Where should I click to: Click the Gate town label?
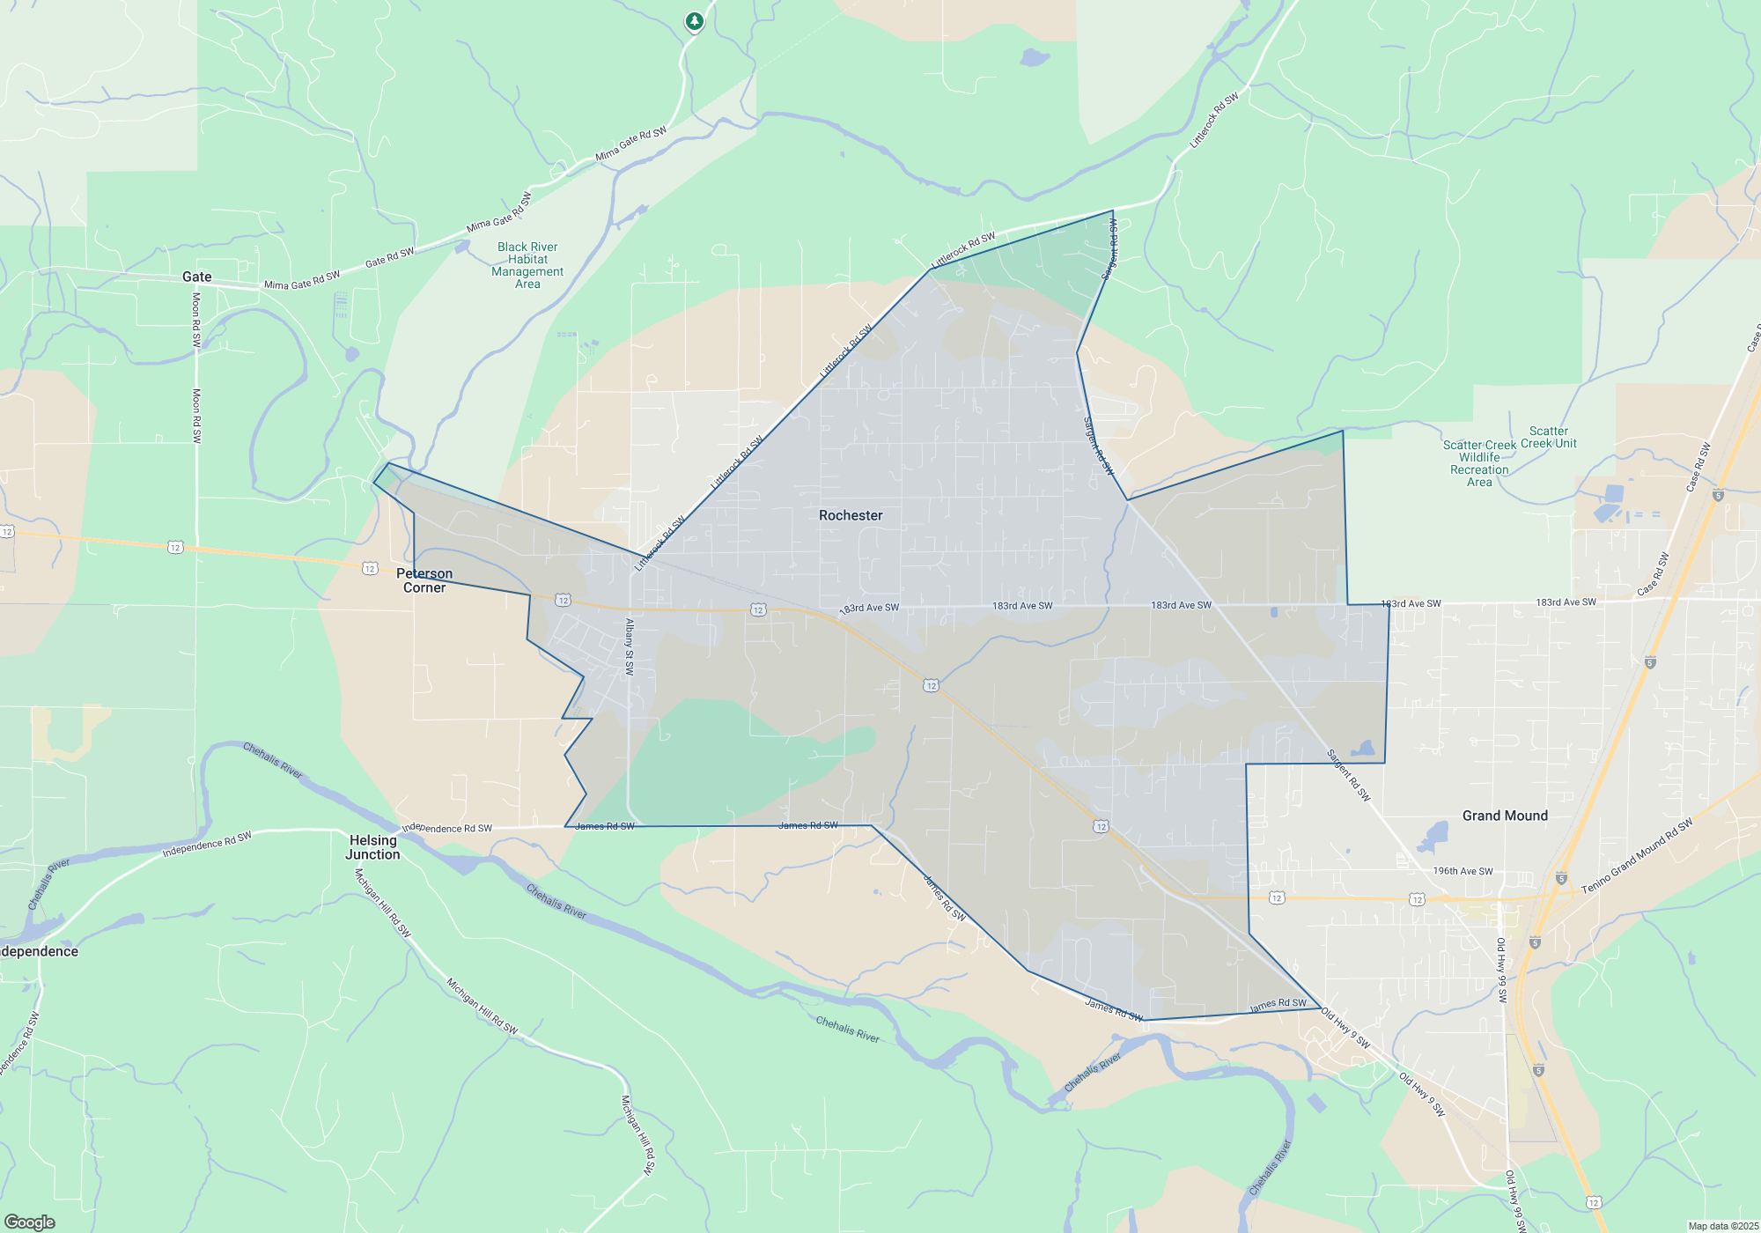coord(196,277)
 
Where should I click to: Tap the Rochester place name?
coord(851,515)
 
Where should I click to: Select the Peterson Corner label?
coord(424,580)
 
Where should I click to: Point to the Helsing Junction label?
coord(372,847)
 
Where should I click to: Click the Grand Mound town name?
coord(1505,816)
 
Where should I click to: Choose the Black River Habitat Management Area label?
coord(527,265)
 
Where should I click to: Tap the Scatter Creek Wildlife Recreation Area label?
coord(1479,463)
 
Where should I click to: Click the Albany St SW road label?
coord(630,646)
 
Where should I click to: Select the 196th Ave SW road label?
coord(1463,871)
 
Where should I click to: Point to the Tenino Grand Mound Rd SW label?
coord(1637,857)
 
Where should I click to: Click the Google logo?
coord(30,1222)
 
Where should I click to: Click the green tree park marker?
coord(695,21)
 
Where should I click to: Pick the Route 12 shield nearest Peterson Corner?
coord(370,569)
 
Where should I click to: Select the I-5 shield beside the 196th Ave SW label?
coord(1561,878)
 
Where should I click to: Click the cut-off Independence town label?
coord(39,951)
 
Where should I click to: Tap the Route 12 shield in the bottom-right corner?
coord(1594,1202)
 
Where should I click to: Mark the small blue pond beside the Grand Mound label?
coord(1436,831)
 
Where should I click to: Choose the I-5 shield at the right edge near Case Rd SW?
coord(1718,495)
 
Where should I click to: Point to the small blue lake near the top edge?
coord(1035,58)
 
